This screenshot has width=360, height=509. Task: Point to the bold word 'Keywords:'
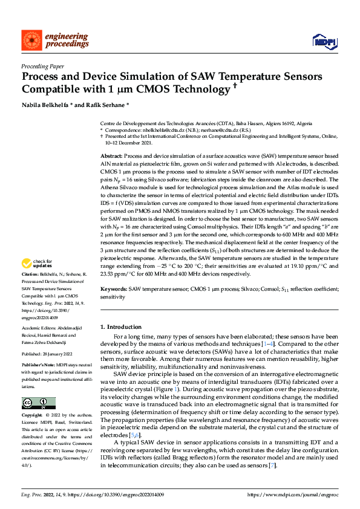pos(114,290)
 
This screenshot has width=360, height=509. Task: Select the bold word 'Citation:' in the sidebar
pos(31,274)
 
